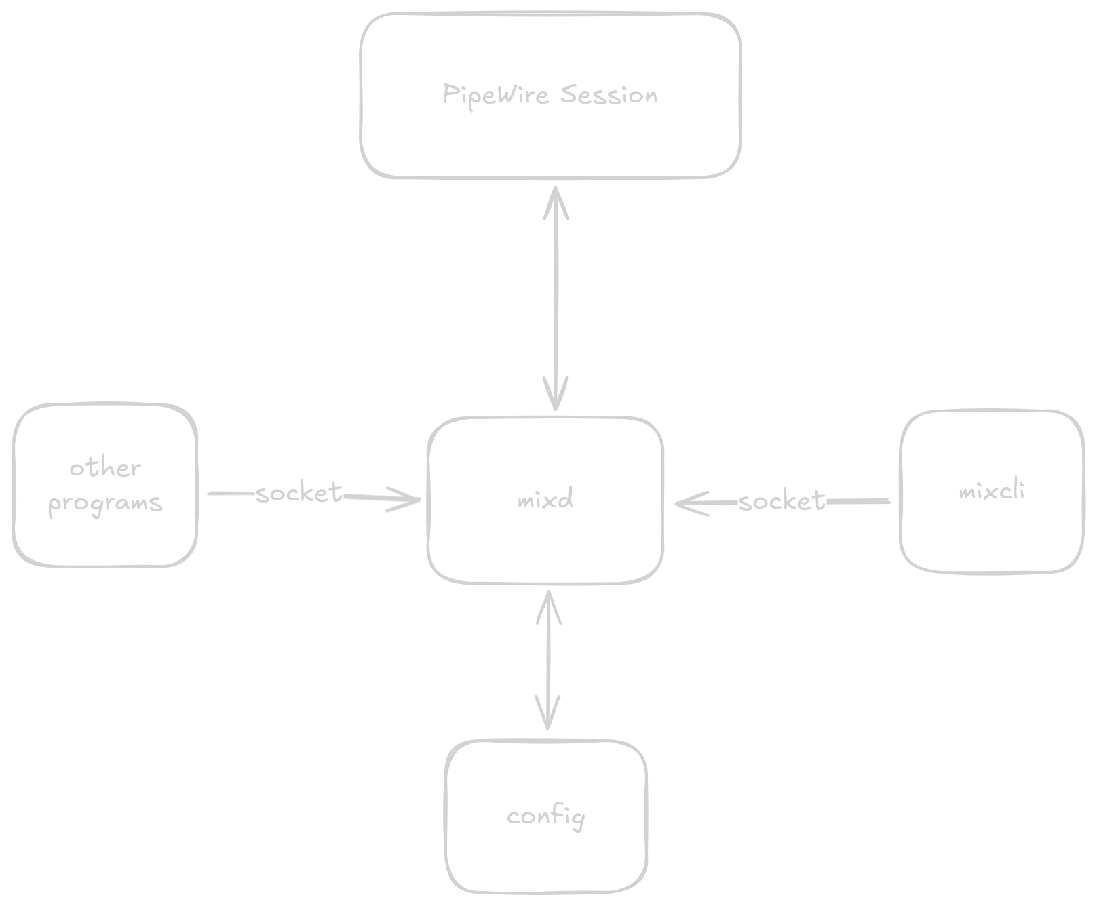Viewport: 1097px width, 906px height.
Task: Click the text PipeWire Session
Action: [550, 94]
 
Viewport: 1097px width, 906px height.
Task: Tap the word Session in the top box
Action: [609, 94]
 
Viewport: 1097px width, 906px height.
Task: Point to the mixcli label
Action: [991, 491]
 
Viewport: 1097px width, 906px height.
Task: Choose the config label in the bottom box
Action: [545, 816]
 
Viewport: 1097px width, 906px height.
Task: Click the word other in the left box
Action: [105, 467]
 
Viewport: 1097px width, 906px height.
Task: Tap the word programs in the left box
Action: [105, 503]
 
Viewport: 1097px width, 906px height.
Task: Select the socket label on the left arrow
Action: [299, 493]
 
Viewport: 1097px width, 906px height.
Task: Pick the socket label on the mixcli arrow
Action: [782, 501]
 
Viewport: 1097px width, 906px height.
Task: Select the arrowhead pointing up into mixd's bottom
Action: [549, 603]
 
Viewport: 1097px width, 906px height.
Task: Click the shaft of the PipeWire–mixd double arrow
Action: [556, 298]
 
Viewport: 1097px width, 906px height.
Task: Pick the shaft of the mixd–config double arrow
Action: [548, 661]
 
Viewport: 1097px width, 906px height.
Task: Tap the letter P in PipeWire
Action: [448, 94]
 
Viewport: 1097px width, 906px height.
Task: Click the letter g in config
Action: [577, 819]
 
